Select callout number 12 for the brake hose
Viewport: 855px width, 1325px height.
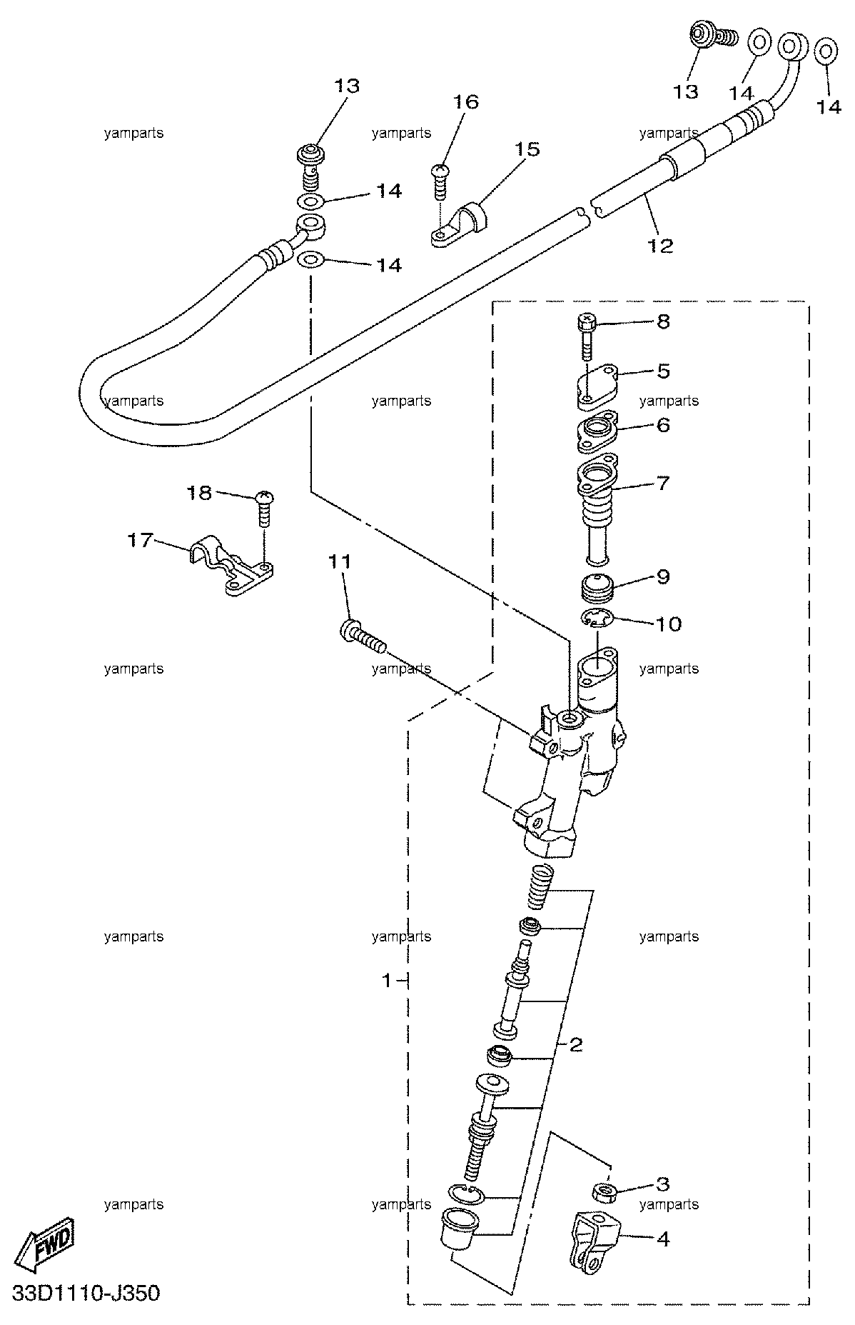coord(660,246)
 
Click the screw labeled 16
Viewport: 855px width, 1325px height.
coord(440,184)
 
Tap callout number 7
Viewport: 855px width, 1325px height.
coord(663,484)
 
